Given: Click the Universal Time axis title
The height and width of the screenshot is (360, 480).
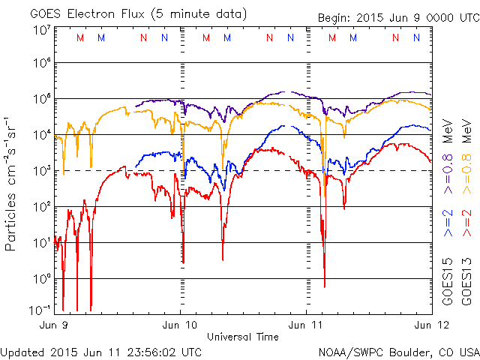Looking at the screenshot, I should (243, 337).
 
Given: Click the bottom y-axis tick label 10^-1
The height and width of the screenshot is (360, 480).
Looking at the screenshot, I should (40, 310).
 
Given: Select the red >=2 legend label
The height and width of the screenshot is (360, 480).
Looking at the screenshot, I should (466, 223).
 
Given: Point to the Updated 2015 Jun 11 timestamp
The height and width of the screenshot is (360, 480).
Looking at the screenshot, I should (101, 352).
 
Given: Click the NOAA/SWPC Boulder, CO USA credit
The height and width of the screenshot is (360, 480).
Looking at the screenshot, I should (398, 352).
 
